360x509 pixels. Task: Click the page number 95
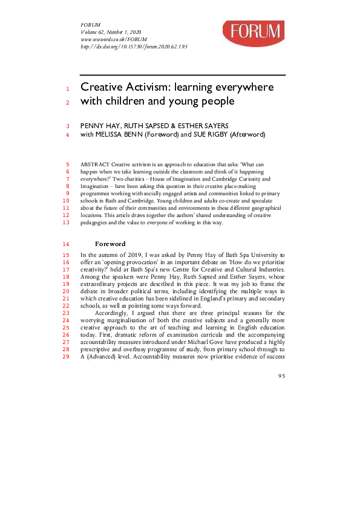click(x=281, y=376)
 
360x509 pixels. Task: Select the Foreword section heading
click(x=110, y=244)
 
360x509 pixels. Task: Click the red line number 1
click(x=68, y=88)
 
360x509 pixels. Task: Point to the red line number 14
click(x=67, y=244)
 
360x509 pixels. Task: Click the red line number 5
click(x=68, y=164)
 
